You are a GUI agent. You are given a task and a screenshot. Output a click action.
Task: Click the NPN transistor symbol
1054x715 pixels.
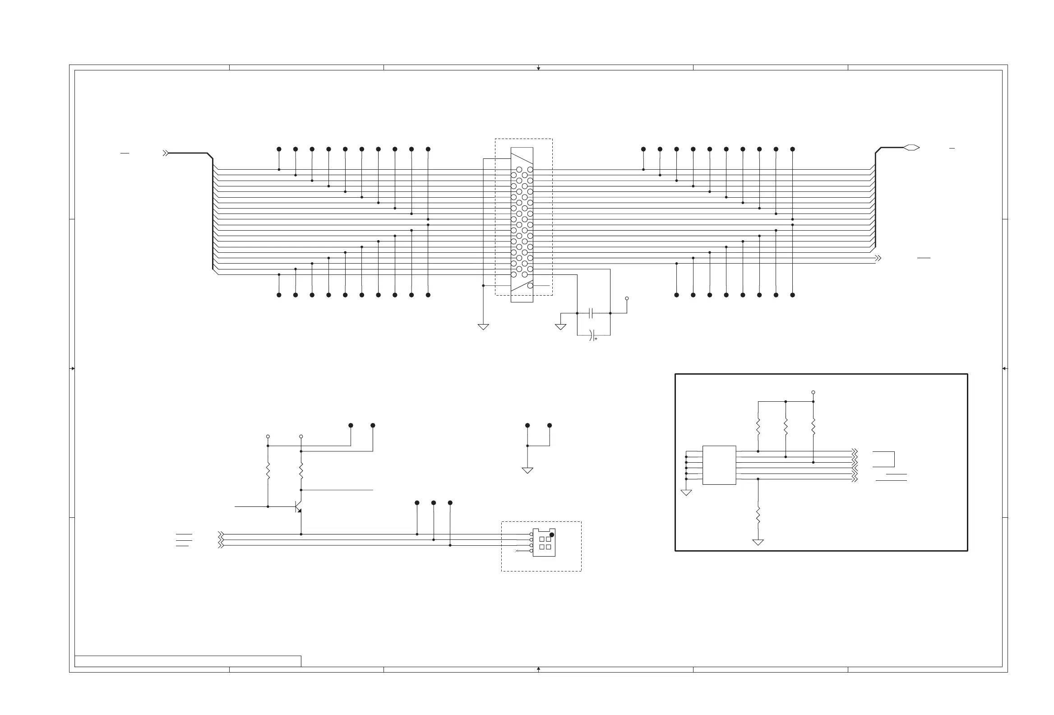coord(298,506)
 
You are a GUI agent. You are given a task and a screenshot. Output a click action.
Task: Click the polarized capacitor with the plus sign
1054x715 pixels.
coord(591,335)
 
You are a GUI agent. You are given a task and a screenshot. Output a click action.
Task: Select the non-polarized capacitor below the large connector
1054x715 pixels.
coord(591,313)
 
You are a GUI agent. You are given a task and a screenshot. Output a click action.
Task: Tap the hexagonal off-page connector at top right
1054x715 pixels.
coord(911,148)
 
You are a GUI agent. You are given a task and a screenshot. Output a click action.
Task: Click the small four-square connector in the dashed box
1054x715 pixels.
coord(544,543)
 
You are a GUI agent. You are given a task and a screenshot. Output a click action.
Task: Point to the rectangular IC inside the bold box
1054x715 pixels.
coord(719,465)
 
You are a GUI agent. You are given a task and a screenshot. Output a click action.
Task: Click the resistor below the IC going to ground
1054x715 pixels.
coord(758,515)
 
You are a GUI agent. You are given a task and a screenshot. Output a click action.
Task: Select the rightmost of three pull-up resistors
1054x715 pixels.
coord(813,427)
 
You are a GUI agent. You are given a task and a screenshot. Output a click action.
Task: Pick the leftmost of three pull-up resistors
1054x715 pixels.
coord(758,427)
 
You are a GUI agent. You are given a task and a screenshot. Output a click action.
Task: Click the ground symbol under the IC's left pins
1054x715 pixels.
coord(686,493)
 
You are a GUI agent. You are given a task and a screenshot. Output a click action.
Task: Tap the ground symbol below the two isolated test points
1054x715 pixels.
coord(527,470)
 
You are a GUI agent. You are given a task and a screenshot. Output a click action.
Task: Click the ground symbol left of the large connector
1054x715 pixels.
coord(484,327)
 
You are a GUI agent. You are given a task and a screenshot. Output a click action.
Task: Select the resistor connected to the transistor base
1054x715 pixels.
coord(268,471)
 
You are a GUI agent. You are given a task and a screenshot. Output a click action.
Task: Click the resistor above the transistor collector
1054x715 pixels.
coord(301,471)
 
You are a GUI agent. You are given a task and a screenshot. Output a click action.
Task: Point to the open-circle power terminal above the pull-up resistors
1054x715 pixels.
coord(813,392)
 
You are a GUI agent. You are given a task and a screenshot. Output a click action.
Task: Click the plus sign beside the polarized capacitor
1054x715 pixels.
coord(596,339)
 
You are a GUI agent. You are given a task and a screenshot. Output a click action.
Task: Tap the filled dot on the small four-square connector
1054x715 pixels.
coord(551,535)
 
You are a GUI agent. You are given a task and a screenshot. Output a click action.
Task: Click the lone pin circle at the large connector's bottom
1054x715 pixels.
coord(530,286)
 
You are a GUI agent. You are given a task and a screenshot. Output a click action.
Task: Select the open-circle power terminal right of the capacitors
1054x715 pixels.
coord(627,298)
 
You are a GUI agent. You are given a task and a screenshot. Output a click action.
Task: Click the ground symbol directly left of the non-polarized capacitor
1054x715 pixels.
coord(560,327)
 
